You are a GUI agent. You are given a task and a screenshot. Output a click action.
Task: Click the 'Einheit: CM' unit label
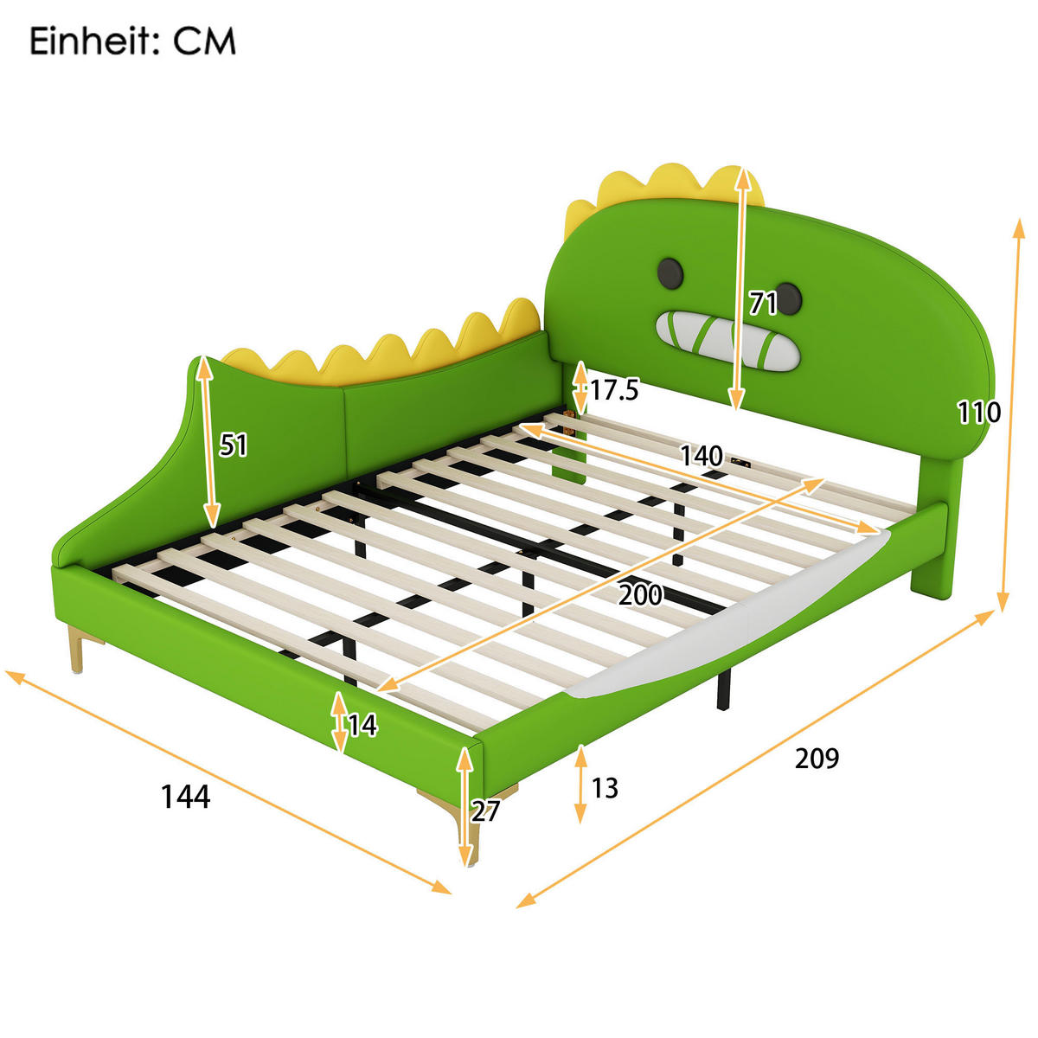point(132,41)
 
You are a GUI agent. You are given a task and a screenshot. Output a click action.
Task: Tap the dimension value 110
point(978,412)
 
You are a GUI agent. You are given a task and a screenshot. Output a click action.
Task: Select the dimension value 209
point(817,758)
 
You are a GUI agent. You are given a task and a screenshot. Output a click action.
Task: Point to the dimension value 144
point(185,797)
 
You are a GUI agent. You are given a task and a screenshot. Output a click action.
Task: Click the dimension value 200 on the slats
point(640,595)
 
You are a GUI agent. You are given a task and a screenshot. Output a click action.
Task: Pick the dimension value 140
point(701,455)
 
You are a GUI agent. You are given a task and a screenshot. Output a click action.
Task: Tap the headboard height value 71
point(762,304)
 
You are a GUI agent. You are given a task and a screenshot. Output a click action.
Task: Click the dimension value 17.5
point(614,390)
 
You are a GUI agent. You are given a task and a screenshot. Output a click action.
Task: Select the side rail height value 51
point(234,445)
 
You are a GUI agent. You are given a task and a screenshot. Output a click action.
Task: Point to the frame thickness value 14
point(362,725)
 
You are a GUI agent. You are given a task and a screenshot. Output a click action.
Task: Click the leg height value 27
point(485,811)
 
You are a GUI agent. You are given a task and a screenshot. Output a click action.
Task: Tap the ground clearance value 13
point(605,788)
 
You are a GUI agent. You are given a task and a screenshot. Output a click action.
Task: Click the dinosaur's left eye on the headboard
point(671,272)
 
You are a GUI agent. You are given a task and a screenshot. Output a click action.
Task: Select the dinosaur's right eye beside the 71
point(788,299)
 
